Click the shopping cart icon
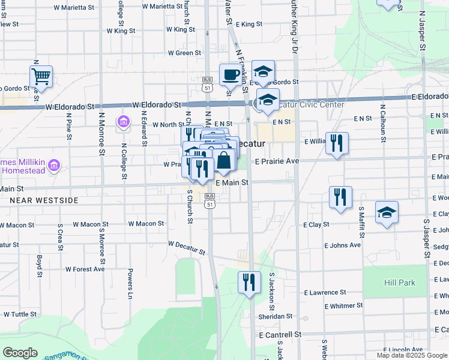41,76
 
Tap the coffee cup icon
231,75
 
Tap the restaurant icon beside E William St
337,143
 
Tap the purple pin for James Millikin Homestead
53,164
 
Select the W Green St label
184,53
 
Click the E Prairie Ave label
277,161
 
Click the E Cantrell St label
279,334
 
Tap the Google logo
20,353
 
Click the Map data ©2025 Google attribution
411,355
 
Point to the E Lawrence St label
325,292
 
